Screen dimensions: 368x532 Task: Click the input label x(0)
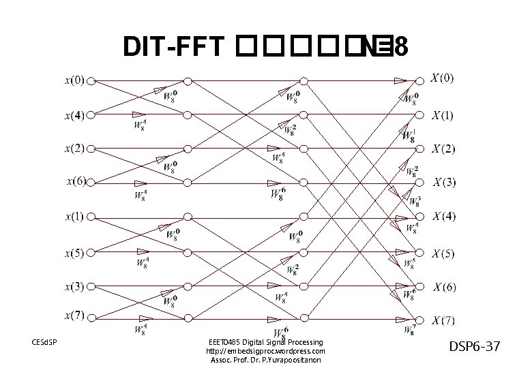pos(75,80)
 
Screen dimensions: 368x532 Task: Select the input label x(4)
pos(75,114)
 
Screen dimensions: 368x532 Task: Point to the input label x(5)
pos(75,254)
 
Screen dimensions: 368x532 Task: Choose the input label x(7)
pos(75,316)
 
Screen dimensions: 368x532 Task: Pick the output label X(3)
pos(447,182)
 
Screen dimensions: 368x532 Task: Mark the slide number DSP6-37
pos(475,348)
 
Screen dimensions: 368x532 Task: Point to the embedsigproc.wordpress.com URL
pos(265,351)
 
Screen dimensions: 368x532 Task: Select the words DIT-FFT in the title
pos(174,47)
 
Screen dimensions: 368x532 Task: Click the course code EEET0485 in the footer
pos(223,341)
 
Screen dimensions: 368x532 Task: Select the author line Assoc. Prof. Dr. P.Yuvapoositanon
pos(265,360)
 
